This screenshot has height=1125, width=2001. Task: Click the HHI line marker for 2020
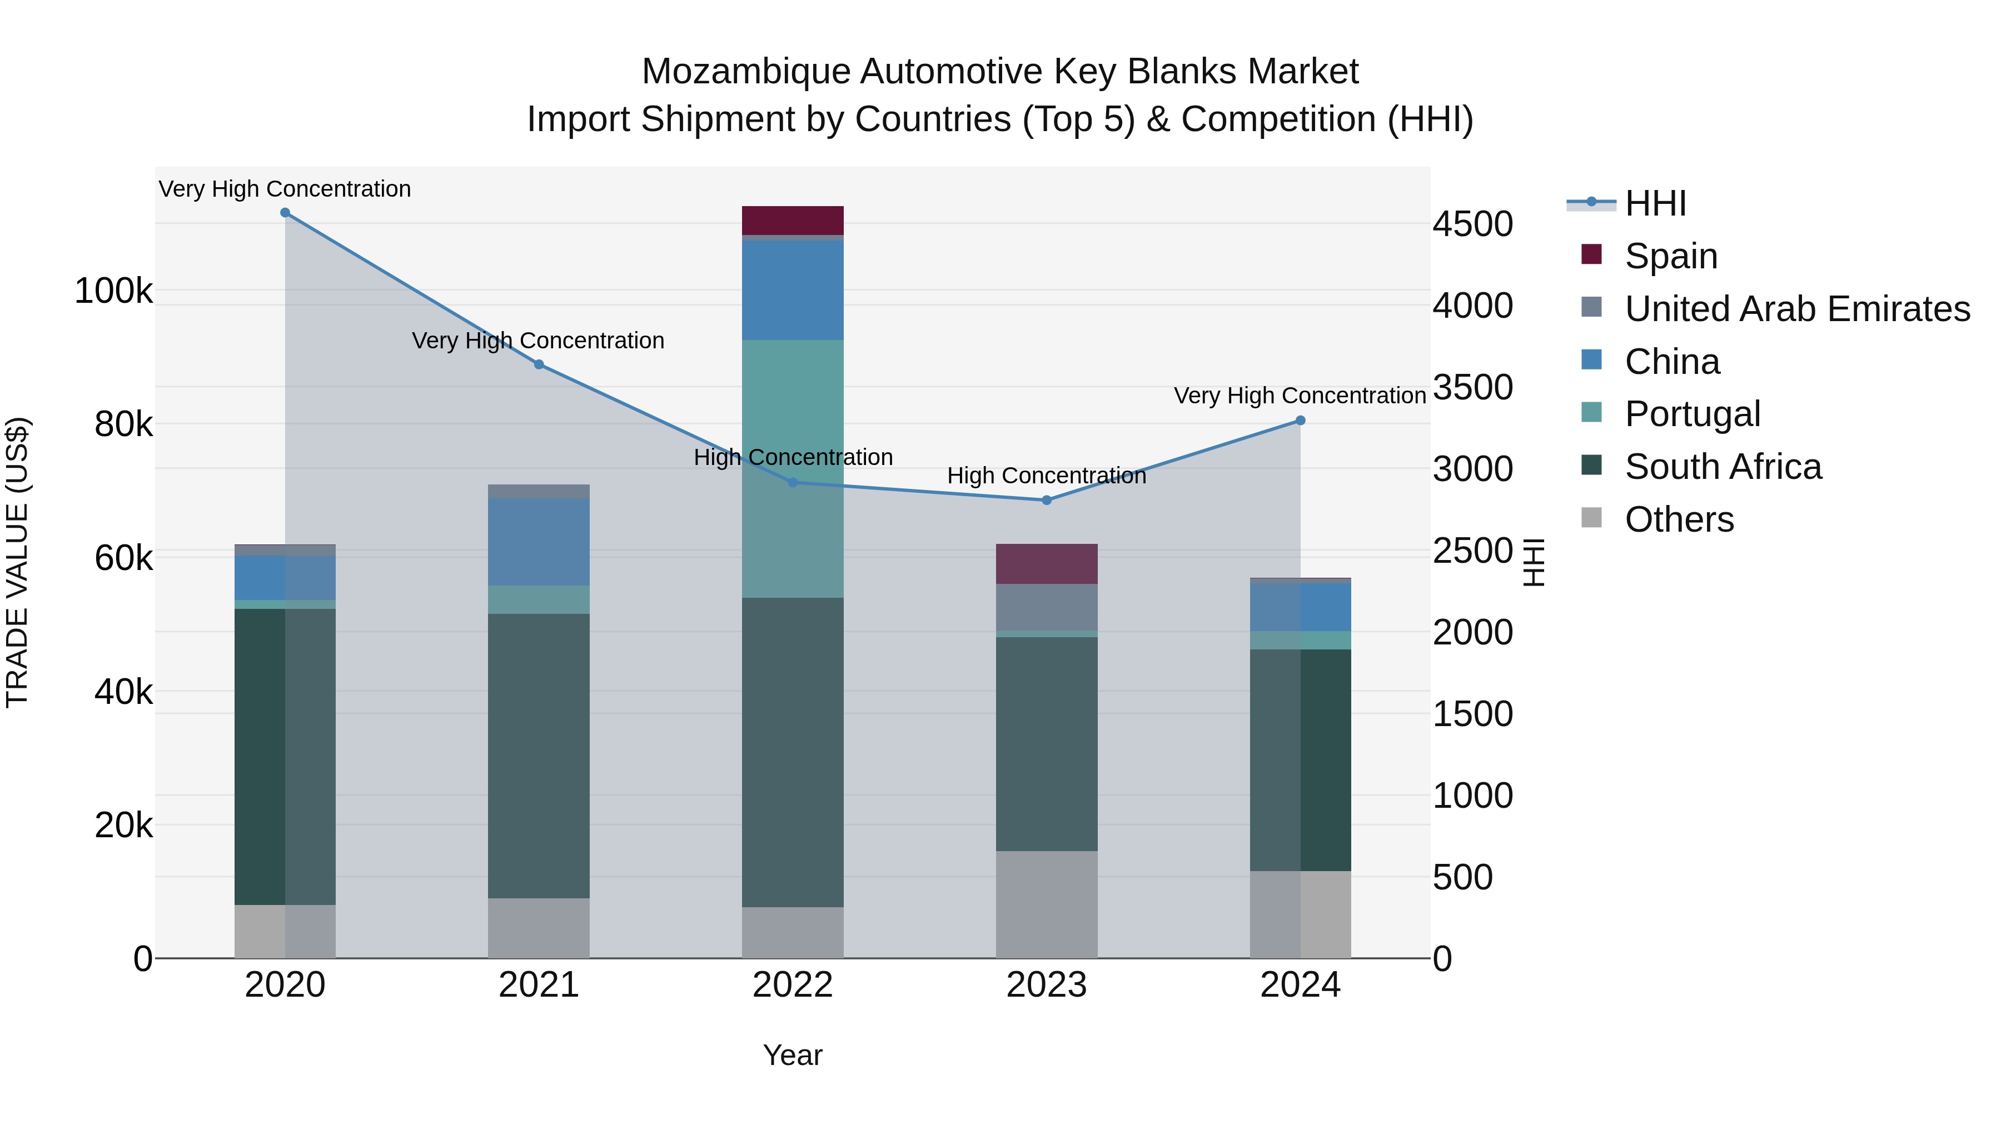coord(285,213)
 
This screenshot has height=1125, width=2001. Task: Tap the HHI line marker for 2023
coord(1046,500)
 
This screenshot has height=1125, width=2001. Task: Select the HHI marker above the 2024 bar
coord(1300,421)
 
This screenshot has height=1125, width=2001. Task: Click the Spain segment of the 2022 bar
coord(792,221)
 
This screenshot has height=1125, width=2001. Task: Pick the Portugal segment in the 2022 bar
coord(792,468)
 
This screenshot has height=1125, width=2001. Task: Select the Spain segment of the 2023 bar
coord(1046,564)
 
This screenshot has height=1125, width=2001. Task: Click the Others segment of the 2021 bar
coord(538,928)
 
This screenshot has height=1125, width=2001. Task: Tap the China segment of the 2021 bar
coord(538,542)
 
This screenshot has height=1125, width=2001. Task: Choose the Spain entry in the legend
coord(1670,256)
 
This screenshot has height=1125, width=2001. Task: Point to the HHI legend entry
coord(1655,203)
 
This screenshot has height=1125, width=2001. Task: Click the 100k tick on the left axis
coord(113,291)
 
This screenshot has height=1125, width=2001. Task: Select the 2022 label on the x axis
coord(792,985)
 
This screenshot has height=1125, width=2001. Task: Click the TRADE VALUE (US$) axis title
coord(18,562)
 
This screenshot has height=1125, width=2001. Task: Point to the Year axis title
coord(792,1055)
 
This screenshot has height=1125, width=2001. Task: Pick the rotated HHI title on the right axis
coord(1534,562)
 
